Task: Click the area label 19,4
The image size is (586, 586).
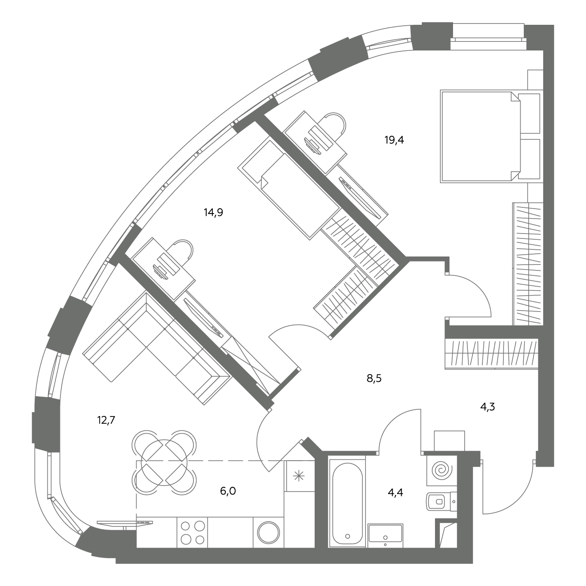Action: pyautogui.click(x=394, y=140)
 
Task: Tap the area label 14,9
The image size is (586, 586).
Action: pyautogui.click(x=213, y=212)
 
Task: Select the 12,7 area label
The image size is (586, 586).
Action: pyautogui.click(x=106, y=420)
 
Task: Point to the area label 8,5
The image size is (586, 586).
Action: pyautogui.click(x=374, y=378)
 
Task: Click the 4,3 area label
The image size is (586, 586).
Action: pyautogui.click(x=487, y=407)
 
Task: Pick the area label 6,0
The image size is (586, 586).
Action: pyautogui.click(x=228, y=491)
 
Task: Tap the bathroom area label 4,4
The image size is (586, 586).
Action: pyautogui.click(x=395, y=492)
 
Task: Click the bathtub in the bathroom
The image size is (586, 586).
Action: pyautogui.click(x=347, y=504)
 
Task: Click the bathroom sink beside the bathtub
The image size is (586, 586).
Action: pyautogui.click(x=385, y=533)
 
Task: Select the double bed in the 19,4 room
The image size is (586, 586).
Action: pyautogui.click(x=491, y=136)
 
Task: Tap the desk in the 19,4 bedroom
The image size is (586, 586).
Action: pyautogui.click(x=315, y=143)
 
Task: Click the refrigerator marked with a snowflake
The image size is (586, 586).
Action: pyautogui.click(x=299, y=476)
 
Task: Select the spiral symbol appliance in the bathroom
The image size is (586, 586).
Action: pyautogui.click(x=442, y=471)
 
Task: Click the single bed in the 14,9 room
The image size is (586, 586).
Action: pyautogui.click(x=288, y=190)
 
